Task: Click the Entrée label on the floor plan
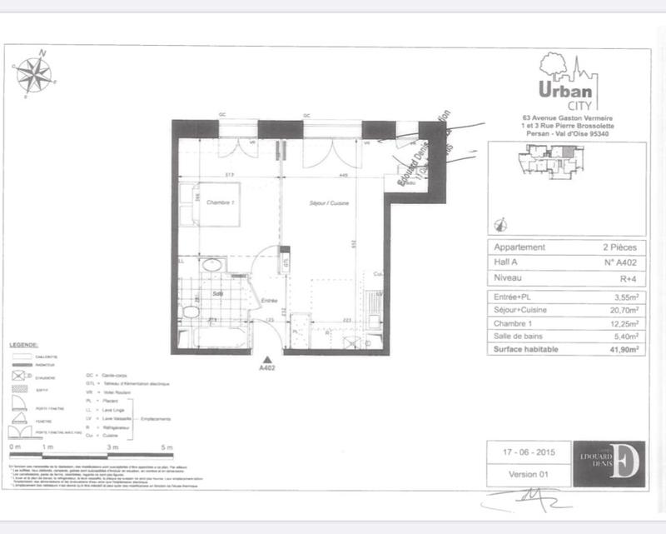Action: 270,302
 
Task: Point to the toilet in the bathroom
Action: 191,312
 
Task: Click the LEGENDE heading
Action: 26,344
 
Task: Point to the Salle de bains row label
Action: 525,337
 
